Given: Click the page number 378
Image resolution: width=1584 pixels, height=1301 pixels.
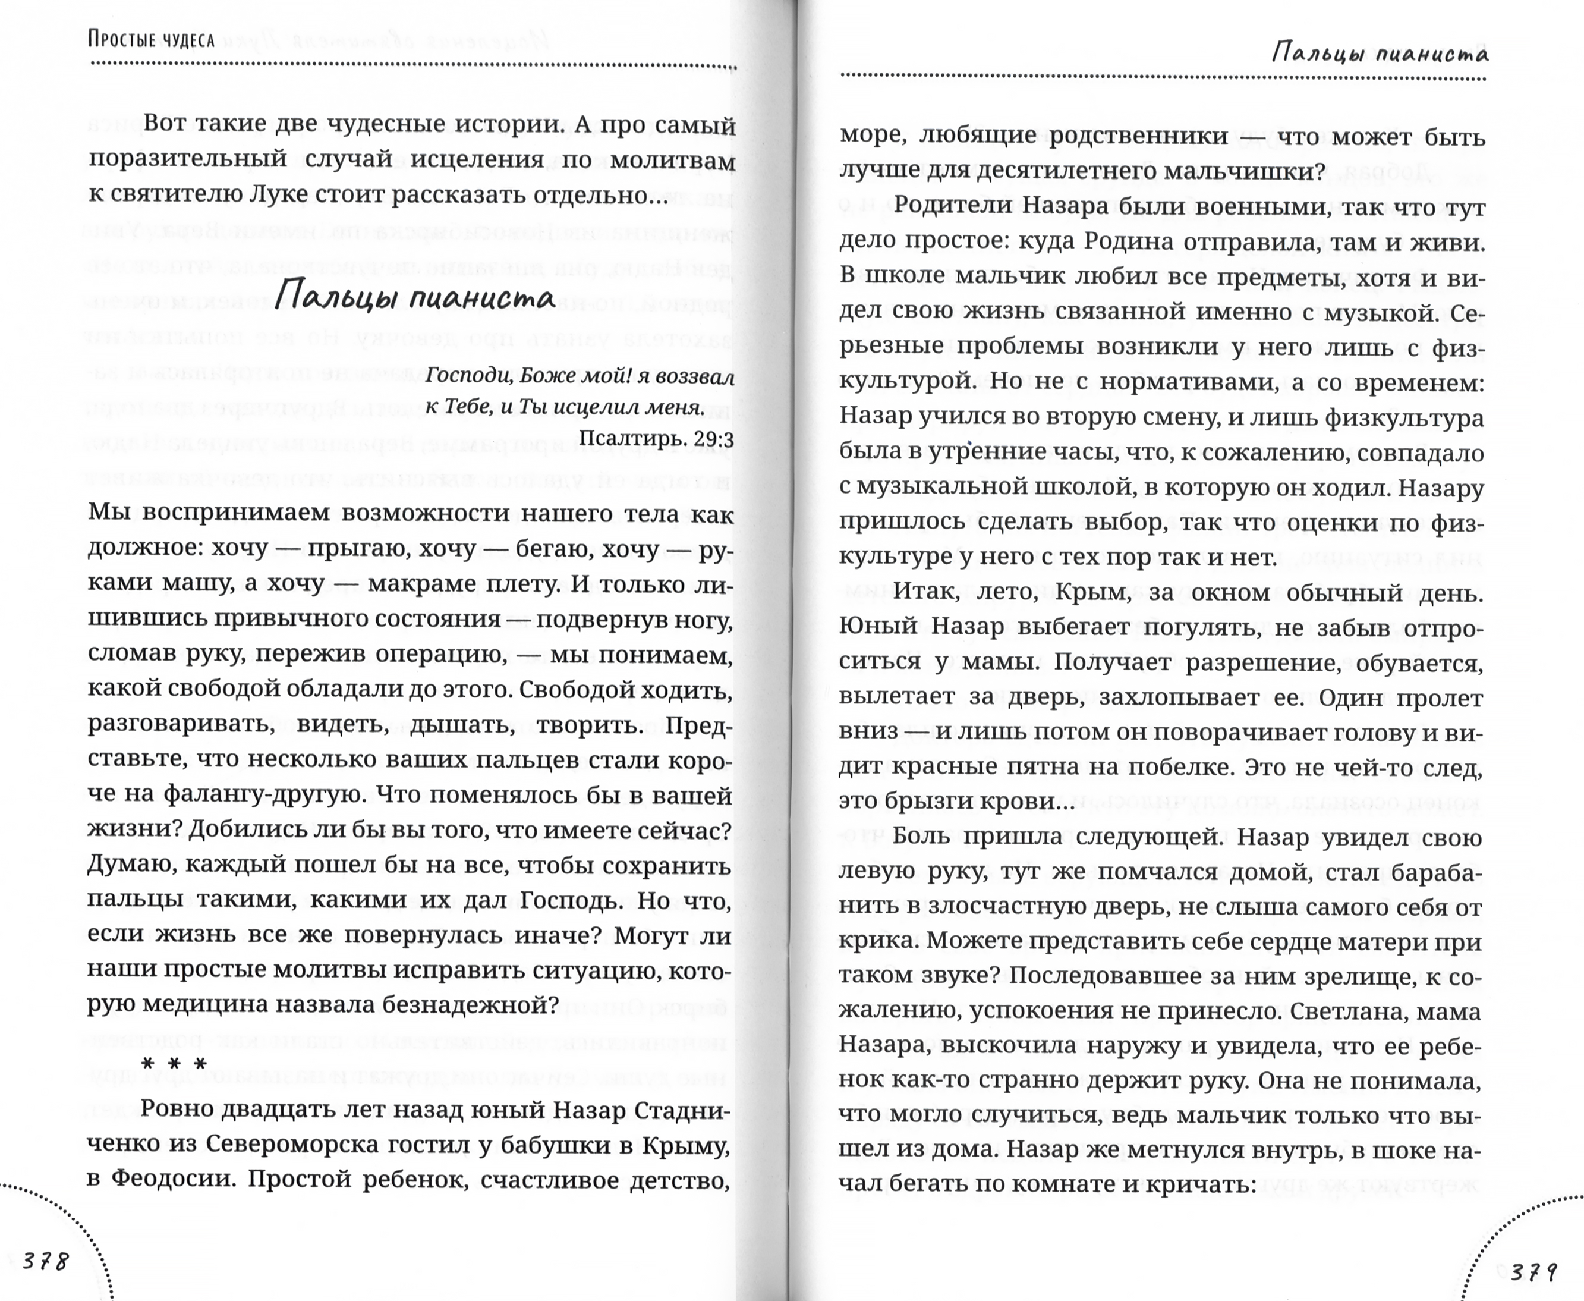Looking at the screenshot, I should (x=46, y=1261).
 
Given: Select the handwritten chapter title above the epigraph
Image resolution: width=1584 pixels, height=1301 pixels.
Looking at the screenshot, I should (x=415, y=297).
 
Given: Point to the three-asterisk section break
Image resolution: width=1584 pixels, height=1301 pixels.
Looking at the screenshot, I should (x=174, y=1065).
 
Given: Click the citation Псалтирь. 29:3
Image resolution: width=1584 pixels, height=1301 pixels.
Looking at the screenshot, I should (x=657, y=438).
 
